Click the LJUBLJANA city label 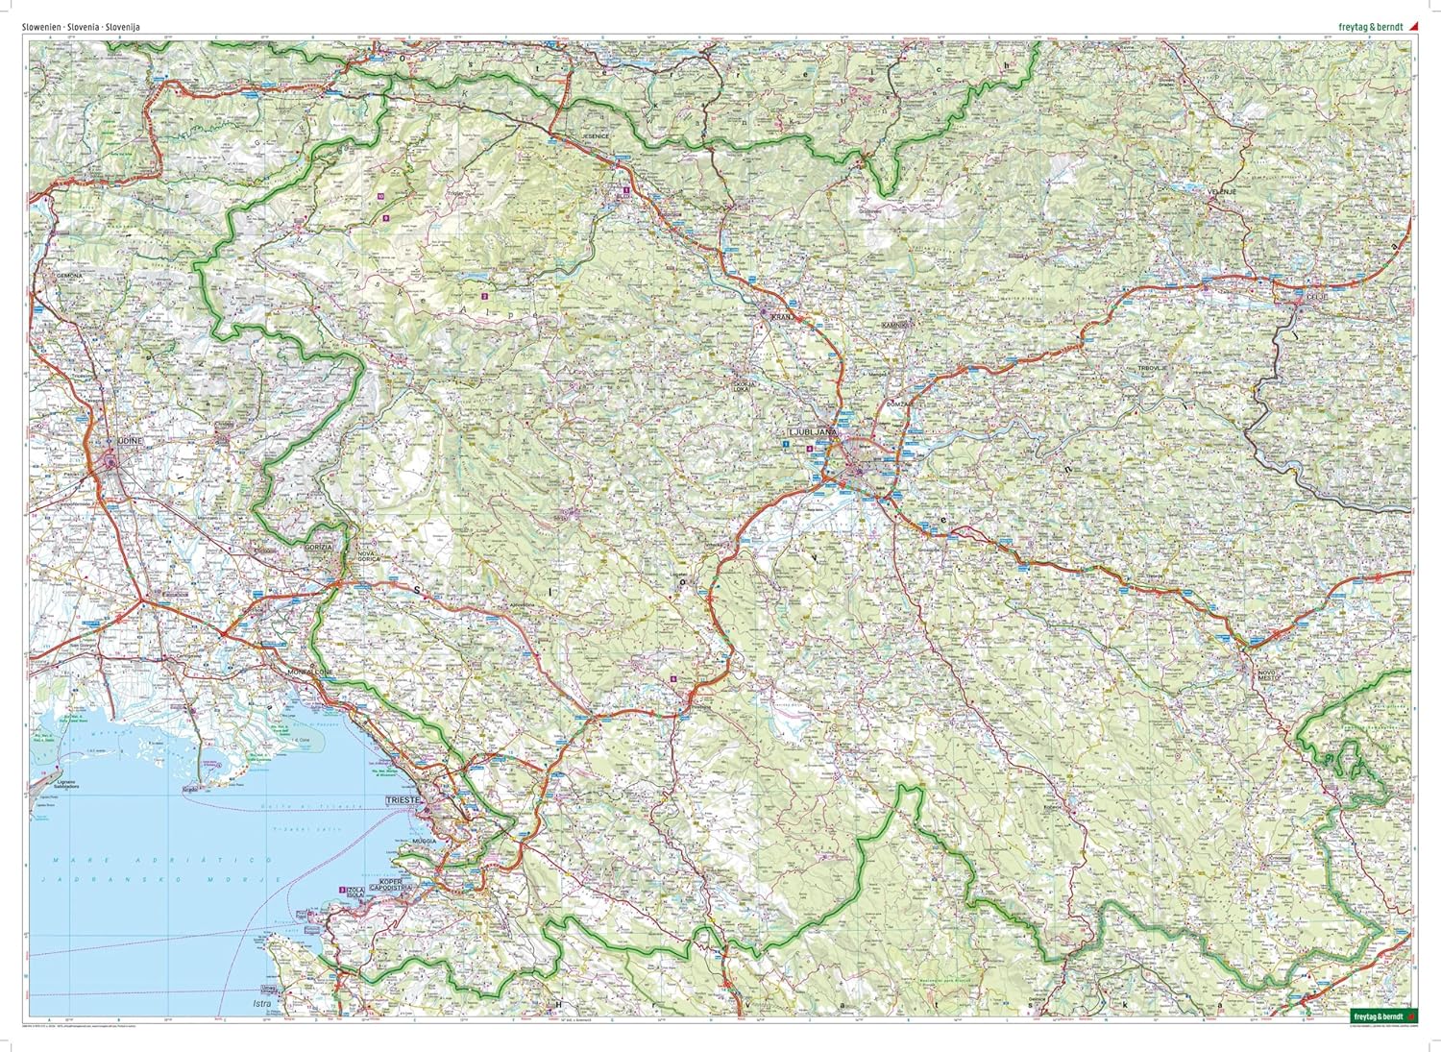[x=813, y=433]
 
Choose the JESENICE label [x=599, y=138]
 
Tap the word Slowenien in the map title [x=40, y=27]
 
